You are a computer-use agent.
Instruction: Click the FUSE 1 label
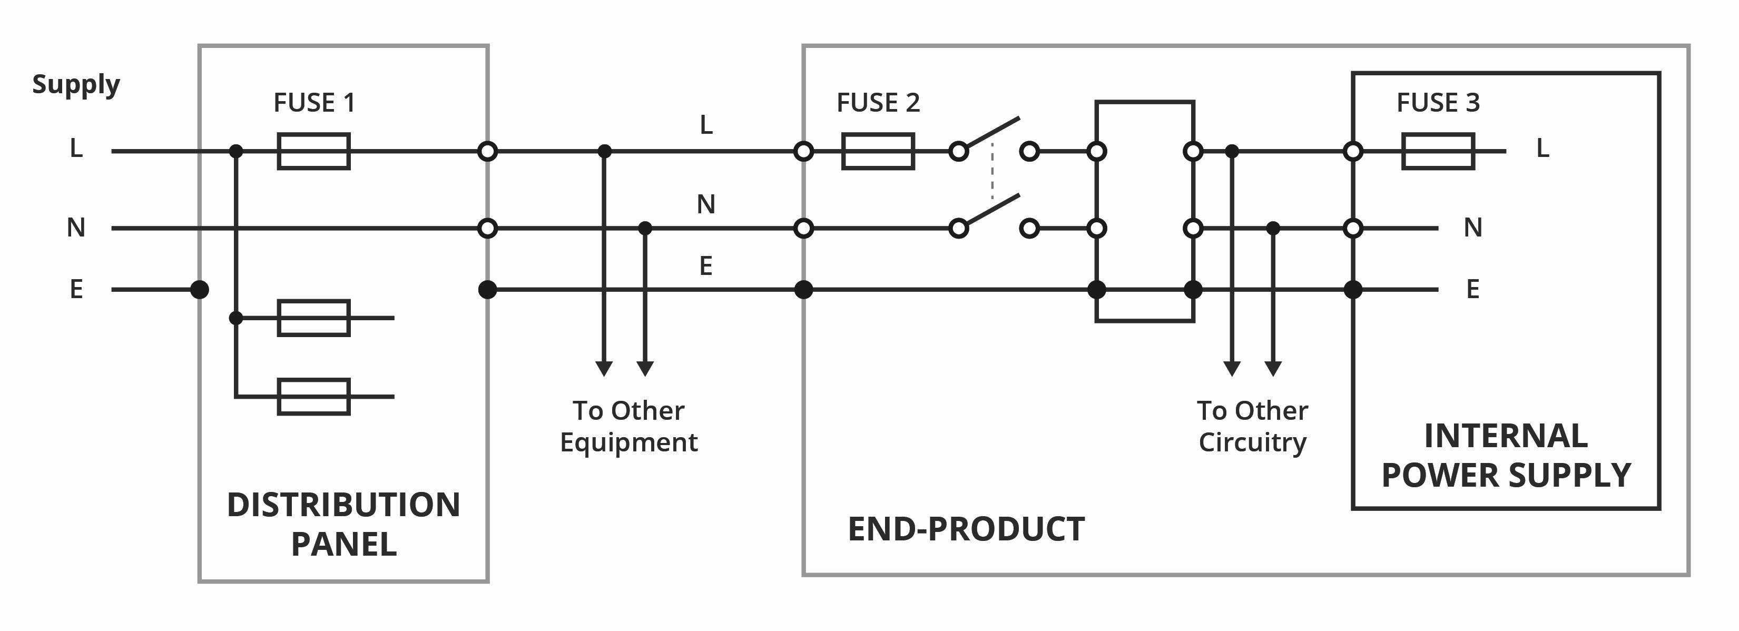point(314,103)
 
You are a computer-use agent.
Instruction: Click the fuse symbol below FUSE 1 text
point(314,151)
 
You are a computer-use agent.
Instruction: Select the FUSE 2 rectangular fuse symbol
point(878,151)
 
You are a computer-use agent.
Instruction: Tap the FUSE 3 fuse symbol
point(1438,151)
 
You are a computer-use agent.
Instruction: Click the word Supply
point(76,85)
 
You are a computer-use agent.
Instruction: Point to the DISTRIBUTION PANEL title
point(343,524)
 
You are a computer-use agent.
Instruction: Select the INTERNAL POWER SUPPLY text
point(1506,455)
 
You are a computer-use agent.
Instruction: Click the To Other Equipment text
point(628,426)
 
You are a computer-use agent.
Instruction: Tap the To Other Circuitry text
point(1252,426)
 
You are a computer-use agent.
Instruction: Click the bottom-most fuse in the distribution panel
point(314,397)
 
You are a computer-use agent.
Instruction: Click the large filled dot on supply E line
point(199,290)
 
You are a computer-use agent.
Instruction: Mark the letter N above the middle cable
point(705,204)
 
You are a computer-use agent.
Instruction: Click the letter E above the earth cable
point(705,266)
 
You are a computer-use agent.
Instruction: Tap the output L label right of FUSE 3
point(1542,148)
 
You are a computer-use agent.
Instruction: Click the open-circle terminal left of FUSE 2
point(803,151)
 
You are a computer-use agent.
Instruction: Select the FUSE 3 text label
point(1438,103)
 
